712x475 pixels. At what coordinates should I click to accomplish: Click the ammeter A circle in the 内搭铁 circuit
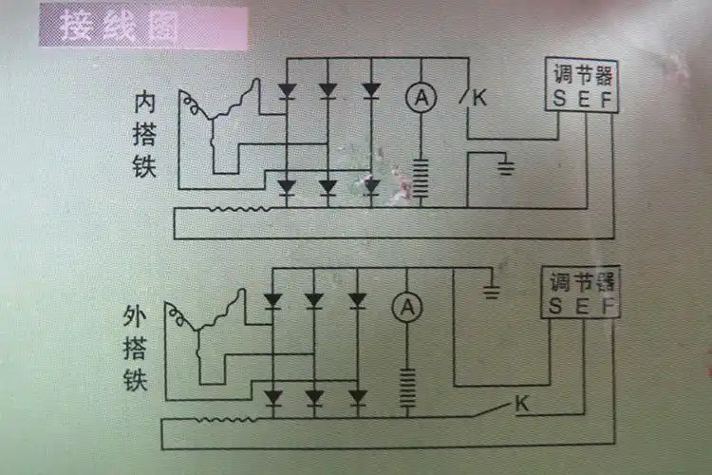[x=419, y=96]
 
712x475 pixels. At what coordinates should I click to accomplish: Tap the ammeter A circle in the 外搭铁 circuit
[x=406, y=307]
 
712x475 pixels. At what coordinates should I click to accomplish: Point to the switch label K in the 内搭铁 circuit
[x=478, y=97]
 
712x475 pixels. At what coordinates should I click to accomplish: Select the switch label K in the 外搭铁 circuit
[x=521, y=404]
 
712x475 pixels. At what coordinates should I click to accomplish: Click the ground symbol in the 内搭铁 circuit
[x=507, y=169]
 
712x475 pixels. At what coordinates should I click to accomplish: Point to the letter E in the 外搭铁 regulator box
[x=582, y=307]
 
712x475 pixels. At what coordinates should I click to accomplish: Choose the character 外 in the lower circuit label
[x=135, y=315]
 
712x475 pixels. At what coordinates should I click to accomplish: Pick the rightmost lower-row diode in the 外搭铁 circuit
[x=357, y=395]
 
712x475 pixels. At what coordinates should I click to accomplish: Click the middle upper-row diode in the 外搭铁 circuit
[x=315, y=301]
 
